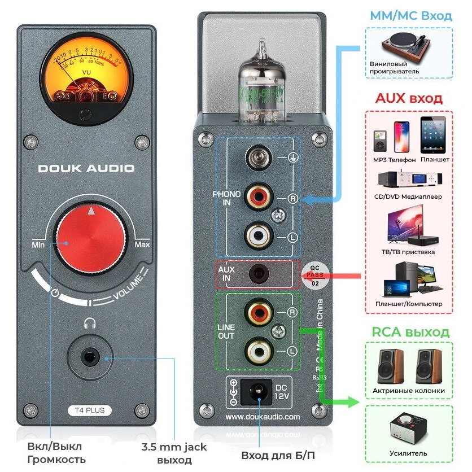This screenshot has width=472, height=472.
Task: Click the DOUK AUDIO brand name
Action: click(86, 168)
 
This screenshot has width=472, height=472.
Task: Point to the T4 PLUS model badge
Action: click(86, 410)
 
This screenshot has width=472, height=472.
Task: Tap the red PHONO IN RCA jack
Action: click(259, 196)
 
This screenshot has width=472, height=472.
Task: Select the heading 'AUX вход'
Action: click(409, 98)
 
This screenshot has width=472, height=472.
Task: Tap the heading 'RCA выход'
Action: click(409, 331)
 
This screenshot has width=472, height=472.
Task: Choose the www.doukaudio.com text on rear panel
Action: click(263, 417)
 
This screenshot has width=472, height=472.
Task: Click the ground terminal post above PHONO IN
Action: click(259, 156)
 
